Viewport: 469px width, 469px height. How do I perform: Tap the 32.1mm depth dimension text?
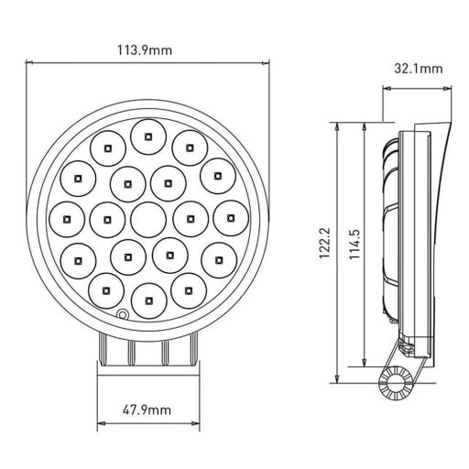click(418, 69)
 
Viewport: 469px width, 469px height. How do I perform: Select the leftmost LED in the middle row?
click(67, 218)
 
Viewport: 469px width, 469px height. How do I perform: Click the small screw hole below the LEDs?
click(121, 316)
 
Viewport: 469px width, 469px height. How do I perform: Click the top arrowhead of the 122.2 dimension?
click(340, 124)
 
